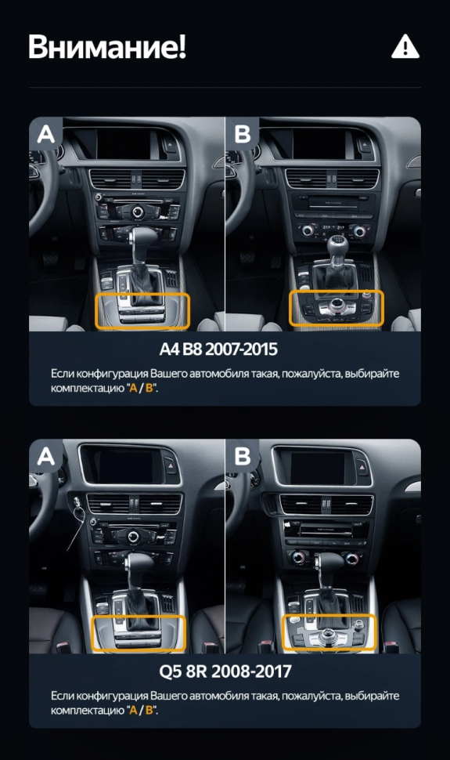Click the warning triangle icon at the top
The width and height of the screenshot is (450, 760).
pyautogui.click(x=405, y=47)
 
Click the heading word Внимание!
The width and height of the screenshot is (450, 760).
pyautogui.click(x=107, y=47)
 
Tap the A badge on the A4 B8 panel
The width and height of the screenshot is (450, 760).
pyautogui.click(x=46, y=134)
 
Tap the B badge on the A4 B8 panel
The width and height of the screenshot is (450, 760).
pyautogui.click(x=243, y=134)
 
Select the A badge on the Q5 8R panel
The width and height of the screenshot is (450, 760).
pyautogui.click(x=46, y=456)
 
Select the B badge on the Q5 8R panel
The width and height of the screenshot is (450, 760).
pyautogui.click(x=243, y=456)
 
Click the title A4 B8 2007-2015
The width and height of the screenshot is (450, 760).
pyautogui.click(x=225, y=349)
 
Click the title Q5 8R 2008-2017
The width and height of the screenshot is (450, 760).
pyautogui.click(x=225, y=671)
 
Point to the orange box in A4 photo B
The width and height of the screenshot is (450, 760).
pyautogui.click(x=337, y=308)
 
